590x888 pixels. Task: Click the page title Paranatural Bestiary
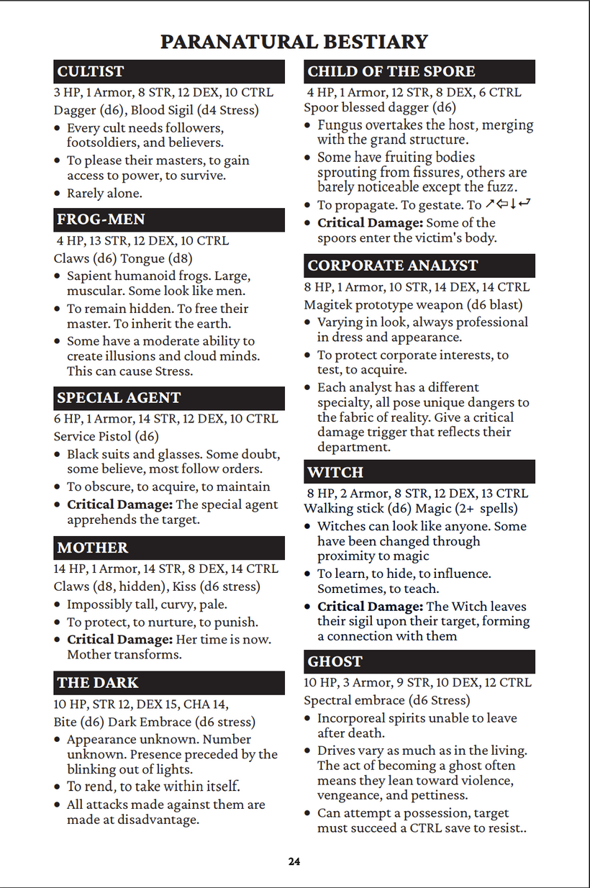coord(294,42)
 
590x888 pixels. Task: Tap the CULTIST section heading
coord(91,71)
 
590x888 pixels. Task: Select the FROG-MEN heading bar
coord(101,219)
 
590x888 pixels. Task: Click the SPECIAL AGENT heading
coord(119,398)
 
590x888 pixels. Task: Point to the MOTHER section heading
coord(93,548)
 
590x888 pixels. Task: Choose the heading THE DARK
coord(98,683)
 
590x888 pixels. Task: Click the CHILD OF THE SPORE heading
coord(391,71)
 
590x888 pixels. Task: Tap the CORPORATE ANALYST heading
coord(393,266)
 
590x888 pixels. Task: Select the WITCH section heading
coord(335,472)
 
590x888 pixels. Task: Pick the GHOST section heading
coord(335,661)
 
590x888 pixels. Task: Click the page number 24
coord(294,861)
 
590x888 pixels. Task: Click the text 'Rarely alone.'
coord(104,193)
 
